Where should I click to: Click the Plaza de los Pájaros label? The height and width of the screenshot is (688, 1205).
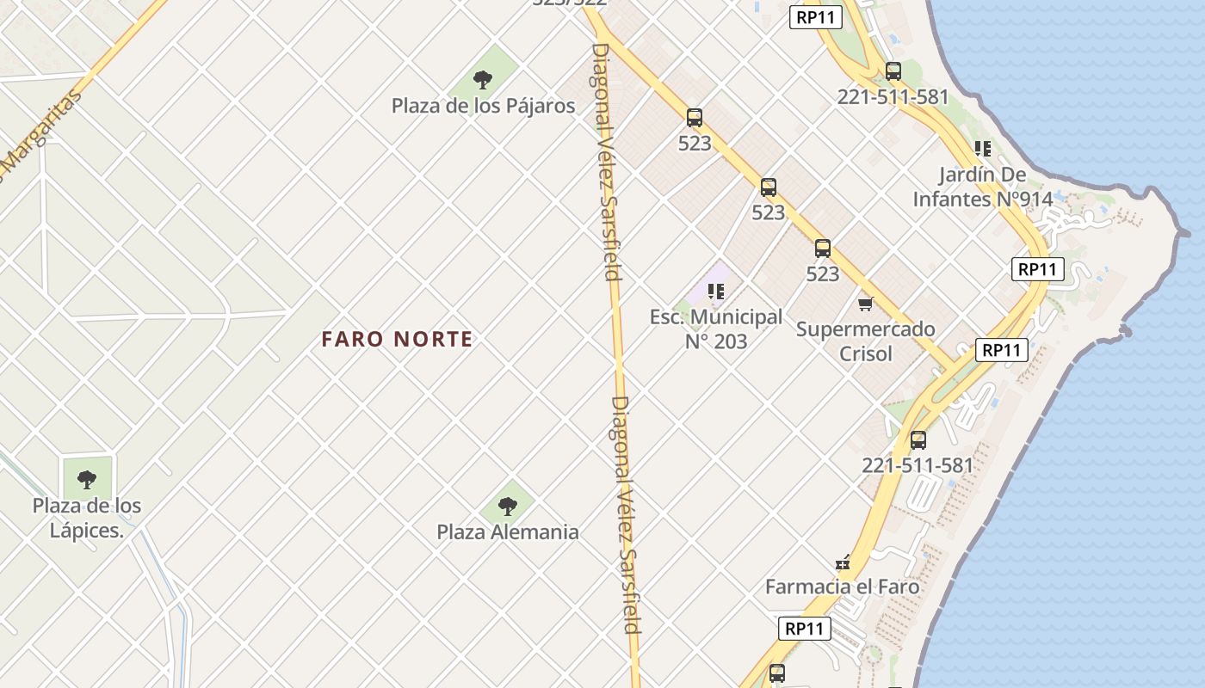pyautogui.click(x=483, y=106)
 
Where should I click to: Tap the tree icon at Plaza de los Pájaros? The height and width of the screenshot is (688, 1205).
pyautogui.click(x=483, y=80)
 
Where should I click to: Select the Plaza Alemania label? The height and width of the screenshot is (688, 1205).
pyautogui.click(x=507, y=531)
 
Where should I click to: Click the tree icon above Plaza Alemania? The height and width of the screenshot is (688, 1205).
pyautogui.click(x=508, y=506)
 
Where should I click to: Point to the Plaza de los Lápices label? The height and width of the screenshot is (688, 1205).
pyautogui.click(x=87, y=518)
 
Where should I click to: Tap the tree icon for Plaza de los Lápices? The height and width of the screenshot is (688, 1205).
pyautogui.click(x=87, y=479)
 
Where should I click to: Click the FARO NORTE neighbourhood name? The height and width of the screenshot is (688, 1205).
pyautogui.click(x=397, y=339)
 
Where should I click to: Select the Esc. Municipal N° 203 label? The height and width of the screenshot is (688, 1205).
pyautogui.click(x=716, y=329)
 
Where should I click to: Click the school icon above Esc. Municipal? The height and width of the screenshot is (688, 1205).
pyautogui.click(x=715, y=292)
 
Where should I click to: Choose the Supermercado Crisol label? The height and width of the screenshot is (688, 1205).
pyautogui.click(x=865, y=341)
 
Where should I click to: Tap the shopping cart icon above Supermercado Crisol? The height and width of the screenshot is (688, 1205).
pyautogui.click(x=866, y=304)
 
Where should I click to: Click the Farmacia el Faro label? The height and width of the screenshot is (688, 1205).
pyautogui.click(x=843, y=587)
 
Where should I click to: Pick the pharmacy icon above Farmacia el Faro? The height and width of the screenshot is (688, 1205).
pyautogui.click(x=843, y=563)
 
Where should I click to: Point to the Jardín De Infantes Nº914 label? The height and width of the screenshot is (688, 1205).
pyautogui.click(x=982, y=187)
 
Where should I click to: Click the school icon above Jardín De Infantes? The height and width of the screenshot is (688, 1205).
pyautogui.click(x=982, y=149)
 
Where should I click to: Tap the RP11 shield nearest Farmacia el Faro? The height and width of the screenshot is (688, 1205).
pyautogui.click(x=805, y=629)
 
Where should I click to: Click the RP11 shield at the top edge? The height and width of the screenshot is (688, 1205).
pyautogui.click(x=815, y=16)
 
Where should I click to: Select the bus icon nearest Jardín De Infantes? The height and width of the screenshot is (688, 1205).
pyautogui.click(x=893, y=71)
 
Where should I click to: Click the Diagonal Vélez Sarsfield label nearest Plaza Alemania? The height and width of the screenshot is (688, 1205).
pyautogui.click(x=626, y=514)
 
